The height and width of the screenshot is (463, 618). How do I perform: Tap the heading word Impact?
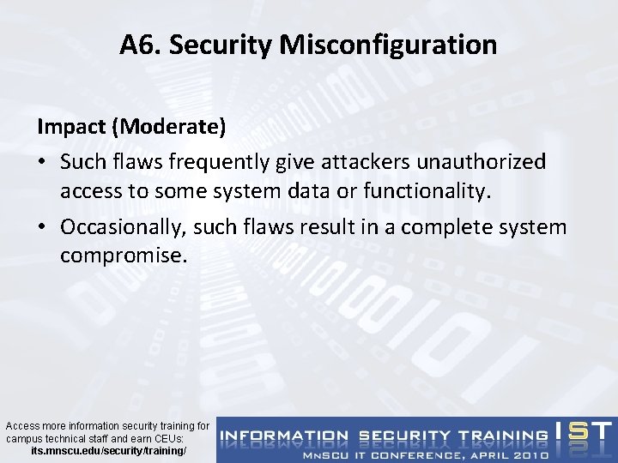72,127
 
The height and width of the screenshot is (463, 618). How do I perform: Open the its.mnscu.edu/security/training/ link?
107,450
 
